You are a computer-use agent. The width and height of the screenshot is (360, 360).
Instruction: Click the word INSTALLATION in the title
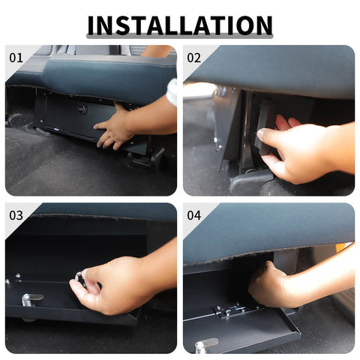tap(180, 25)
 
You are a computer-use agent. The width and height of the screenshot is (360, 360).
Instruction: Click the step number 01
tap(16, 57)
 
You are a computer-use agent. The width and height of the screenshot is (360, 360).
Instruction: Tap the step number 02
tap(193, 57)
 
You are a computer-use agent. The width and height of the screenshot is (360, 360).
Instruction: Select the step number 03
tap(16, 214)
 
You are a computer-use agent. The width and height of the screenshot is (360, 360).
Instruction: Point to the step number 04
tap(193, 214)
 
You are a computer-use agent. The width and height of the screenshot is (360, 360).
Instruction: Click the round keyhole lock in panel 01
tap(82, 109)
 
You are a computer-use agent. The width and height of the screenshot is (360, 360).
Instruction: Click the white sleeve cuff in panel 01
tap(172, 91)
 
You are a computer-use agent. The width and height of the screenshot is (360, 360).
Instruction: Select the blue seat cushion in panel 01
tap(105, 75)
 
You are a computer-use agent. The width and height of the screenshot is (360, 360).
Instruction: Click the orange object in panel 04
tap(341, 247)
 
